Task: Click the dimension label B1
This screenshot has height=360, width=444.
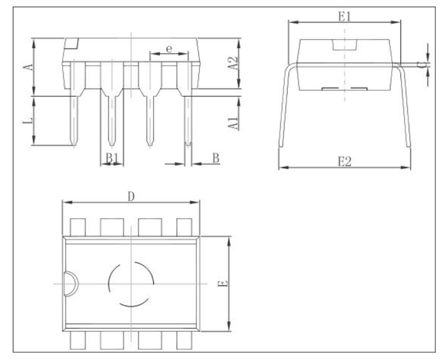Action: pyautogui.click(x=110, y=157)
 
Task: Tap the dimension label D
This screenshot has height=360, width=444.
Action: pyautogui.click(x=130, y=196)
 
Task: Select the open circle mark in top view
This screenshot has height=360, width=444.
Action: pyautogui.click(x=131, y=284)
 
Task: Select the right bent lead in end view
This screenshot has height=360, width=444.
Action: pyautogui.click(x=404, y=111)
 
